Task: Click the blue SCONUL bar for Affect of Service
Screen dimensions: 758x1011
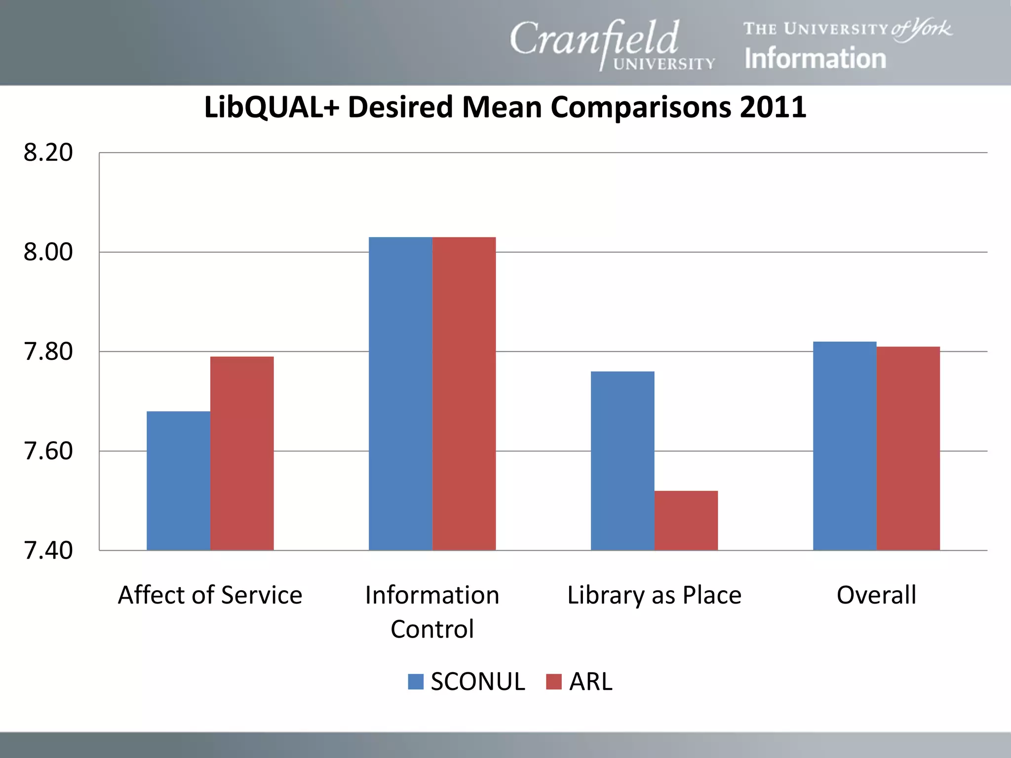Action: pos(178,481)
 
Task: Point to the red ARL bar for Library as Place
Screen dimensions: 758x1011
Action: pos(686,520)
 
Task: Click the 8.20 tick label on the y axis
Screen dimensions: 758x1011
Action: pos(48,152)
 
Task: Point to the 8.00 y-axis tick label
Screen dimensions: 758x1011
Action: pos(48,252)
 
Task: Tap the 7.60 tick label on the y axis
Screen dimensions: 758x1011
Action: pos(48,451)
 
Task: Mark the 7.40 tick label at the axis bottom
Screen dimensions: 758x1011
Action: pos(48,551)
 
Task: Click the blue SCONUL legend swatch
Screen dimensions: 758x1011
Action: pos(416,682)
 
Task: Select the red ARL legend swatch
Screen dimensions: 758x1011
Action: pos(554,682)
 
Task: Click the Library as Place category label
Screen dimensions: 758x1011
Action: pos(654,595)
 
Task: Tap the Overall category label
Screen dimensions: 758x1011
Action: pos(876,595)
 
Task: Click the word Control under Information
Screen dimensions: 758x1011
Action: pos(432,629)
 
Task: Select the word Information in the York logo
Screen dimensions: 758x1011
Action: pos(815,58)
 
